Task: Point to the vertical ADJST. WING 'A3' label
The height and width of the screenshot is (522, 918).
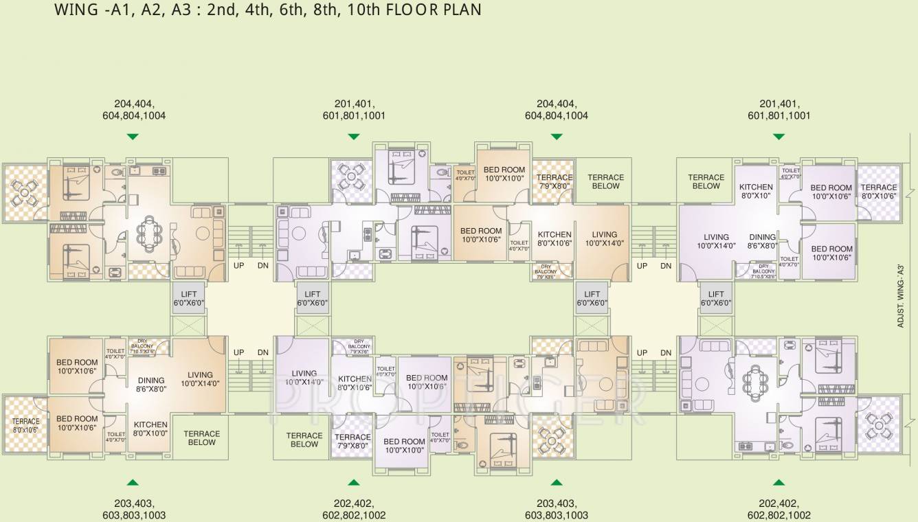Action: [x=900, y=292]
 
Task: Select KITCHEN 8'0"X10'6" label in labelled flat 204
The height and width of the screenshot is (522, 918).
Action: [x=554, y=238]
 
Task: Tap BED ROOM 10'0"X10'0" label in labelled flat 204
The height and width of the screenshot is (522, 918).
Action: [x=504, y=174]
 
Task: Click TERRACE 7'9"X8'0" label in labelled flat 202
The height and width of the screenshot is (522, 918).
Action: [x=352, y=441]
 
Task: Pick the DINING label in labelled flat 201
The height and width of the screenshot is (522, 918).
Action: [x=762, y=241]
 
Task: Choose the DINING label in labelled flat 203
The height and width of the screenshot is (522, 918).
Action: [x=150, y=384]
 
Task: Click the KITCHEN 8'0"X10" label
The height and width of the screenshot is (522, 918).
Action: [x=756, y=191]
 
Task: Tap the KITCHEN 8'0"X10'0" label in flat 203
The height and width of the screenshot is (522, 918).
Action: [x=150, y=429]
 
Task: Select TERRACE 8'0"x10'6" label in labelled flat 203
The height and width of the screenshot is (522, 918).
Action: [x=25, y=425]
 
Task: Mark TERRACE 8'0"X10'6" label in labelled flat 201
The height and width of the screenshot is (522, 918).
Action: [x=879, y=191]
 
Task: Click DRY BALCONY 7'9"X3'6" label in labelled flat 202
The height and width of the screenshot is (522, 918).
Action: [x=359, y=346]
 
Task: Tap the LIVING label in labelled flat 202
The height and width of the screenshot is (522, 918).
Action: [x=304, y=378]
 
